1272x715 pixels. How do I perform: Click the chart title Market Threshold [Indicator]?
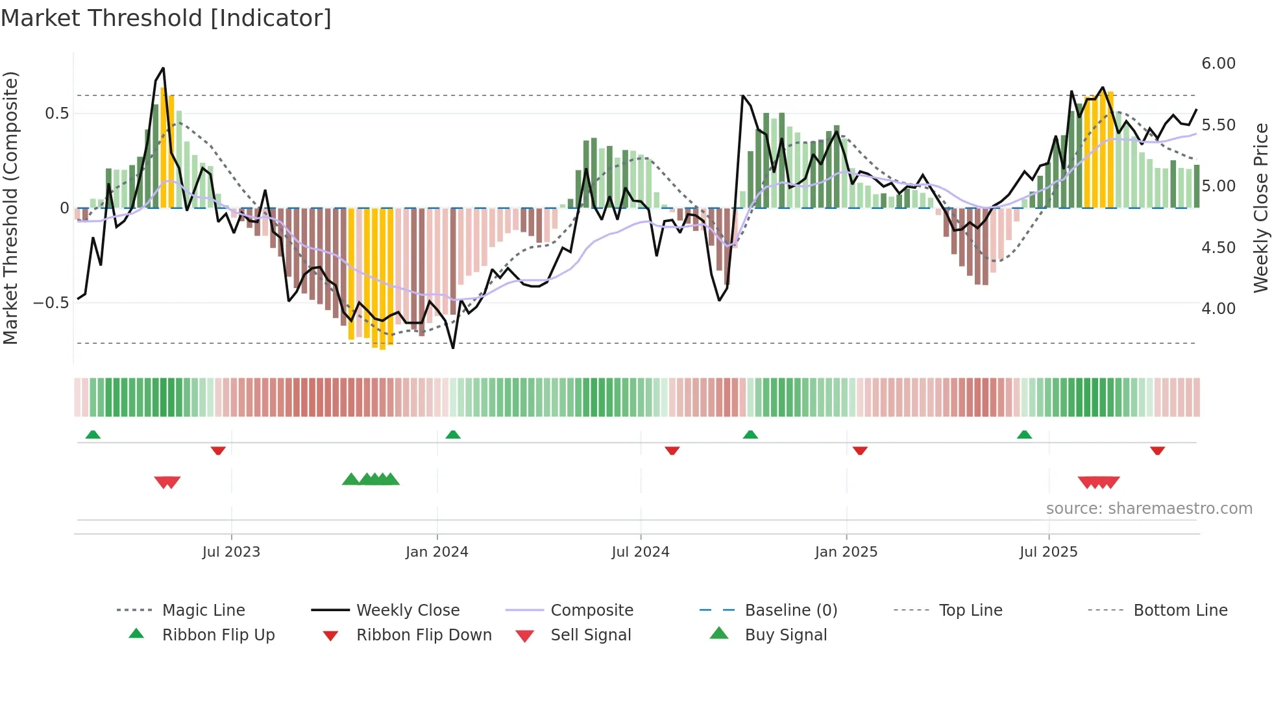point(166,18)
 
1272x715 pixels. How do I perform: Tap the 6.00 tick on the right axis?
point(1218,64)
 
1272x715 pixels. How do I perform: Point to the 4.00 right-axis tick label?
point(1218,309)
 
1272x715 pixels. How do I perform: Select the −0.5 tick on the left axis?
point(51,303)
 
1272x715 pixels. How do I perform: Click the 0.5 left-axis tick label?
point(56,114)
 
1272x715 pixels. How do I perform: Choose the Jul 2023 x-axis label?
point(231,552)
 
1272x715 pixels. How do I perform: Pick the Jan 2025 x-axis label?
point(846,552)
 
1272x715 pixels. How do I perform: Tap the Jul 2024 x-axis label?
point(640,552)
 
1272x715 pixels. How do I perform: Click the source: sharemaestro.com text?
point(1149,509)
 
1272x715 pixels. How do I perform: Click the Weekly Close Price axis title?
point(1260,208)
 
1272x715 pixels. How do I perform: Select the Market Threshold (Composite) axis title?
point(10,208)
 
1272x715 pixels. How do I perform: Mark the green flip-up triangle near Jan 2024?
point(453,435)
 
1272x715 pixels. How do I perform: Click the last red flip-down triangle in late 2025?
point(1157,450)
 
